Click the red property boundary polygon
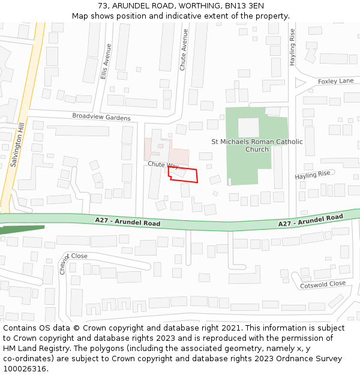pyautogui.click(x=184, y=174)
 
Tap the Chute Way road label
pyautogui.click(x=163, y=164)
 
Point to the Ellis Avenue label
pyautogui.click(x=106, y=61)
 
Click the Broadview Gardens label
pyautogui.click(x=101, y=116)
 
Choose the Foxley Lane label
pyautogui.click(x=335, y=81)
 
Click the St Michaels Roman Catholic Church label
pyautogui.click(x=257, y=145)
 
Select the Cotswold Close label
pyautogui.click(x=323, y=284)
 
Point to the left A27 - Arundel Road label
pyautogui.click(x=127, y=222)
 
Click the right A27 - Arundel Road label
pyautogui.click(x=310, y=220)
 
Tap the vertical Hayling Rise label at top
pyautogui.click(x=293, y=46)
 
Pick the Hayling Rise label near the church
pyautogui.click(x=312, y=175)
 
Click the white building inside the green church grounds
pyautogui.click(x=248, y=127)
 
